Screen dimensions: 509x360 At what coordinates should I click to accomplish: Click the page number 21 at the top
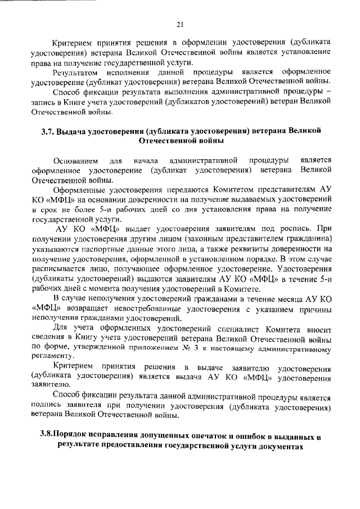tap(180, 24)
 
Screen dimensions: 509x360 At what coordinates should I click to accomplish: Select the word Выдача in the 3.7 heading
tap(79, 130)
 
